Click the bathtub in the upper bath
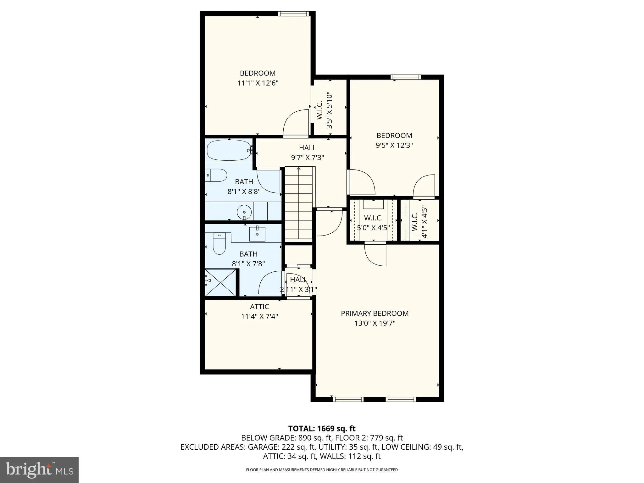click(x=229, y=150)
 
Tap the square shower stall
click(x=220, y=282)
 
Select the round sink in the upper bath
click(x=244, y=212)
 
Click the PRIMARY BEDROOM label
click(x=375, y=314)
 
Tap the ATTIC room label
click(x=259, y=307)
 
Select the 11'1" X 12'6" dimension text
click(x=258, y=83)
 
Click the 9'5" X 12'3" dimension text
click(x=394, y=146)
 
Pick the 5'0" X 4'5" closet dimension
click(x=373, y=228)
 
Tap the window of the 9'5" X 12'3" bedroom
click(x=406, y=77)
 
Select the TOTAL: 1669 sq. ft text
click(x=322, y=429)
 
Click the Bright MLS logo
click(x=39, y=470)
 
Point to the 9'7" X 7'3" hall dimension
click(x=307, y=158)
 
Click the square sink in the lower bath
click(x=257, y=234)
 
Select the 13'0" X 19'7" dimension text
click(x=375, y=323)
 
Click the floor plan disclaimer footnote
click(x=322, y=470)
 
